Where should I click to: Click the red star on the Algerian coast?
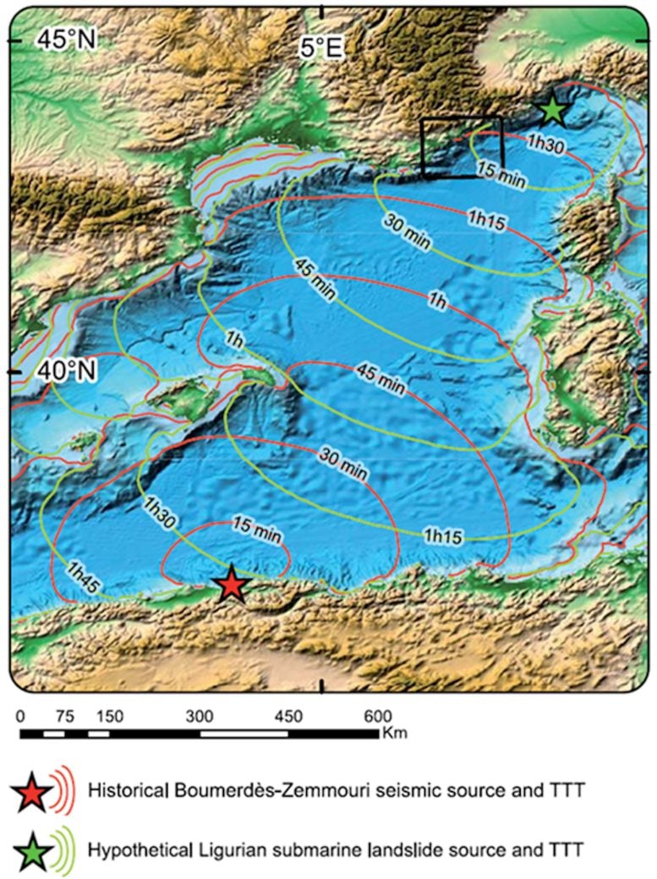click(x=231, y=585)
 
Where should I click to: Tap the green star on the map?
click(x=552, y=109)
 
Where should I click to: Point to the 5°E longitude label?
click(x=321, y=48)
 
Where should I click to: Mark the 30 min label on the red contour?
click(x=343, y=463)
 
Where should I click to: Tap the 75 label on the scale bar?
click(x=64, y=716)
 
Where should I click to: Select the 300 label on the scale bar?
click(x=200, y=716)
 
